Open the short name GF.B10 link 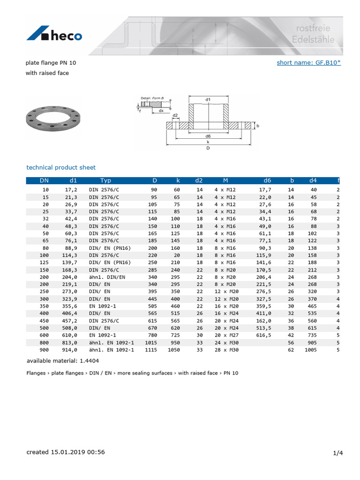pos(308,62)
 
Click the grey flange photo pos(52,118)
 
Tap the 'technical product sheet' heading pos(61,167)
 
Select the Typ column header pos(105,180)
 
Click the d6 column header pos(267,180)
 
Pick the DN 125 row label pos(45,262)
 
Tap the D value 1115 pos(151,350)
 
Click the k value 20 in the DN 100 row pos(177,255)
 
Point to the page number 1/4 pos(338,453)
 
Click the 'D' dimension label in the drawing pos(208,148)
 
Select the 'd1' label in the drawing pos(208,99)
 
